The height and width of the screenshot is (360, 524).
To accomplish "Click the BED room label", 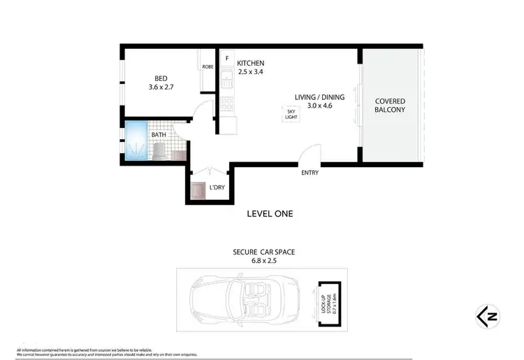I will pyautogui.click(x=159, y=78).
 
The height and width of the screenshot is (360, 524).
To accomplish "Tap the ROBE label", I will pyautogui.click(x=208, y=67).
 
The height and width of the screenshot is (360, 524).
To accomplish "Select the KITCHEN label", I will pyautogui.click(x=249, y=63).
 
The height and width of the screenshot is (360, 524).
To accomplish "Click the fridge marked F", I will pyautogui.click(x=227, y=59).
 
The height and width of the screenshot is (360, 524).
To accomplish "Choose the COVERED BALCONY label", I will pyautogui.click(x=390, y=106).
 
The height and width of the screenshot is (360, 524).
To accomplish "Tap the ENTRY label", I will pyautogui.click(x=310, y=173).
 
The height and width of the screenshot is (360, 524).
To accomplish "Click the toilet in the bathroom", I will pyautogui.click(x=159, y=150).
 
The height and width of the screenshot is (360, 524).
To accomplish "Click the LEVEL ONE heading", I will pyautogui.click(x=270, y=214).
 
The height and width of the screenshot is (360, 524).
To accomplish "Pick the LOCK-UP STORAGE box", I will pyautogui.click(x=328, y=304).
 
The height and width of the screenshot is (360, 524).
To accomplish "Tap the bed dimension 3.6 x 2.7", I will pyautogui.click(x=160, y=87).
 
